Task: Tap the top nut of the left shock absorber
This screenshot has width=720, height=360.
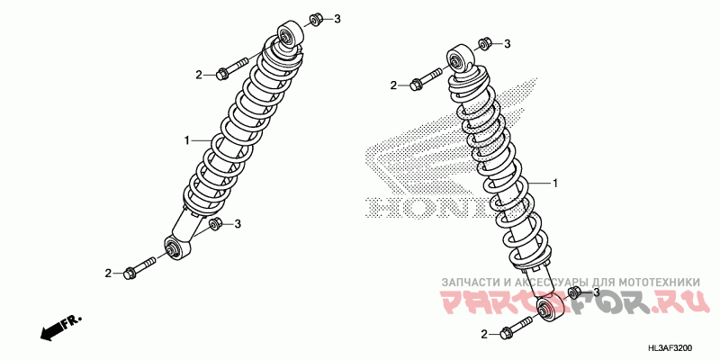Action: coord(316,19)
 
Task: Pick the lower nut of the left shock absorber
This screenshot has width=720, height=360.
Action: coord(216,225)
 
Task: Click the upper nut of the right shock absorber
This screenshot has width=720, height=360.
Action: coord(483,43)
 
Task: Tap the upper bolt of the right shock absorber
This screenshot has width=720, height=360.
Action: coord(427,81)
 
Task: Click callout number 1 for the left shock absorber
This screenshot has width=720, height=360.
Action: coord(187,140)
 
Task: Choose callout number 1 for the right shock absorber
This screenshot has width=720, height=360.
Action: coord(555,183)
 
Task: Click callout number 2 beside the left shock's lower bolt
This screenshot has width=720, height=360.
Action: coord(108,273)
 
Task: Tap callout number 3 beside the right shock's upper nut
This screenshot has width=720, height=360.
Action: coord(507,44)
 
